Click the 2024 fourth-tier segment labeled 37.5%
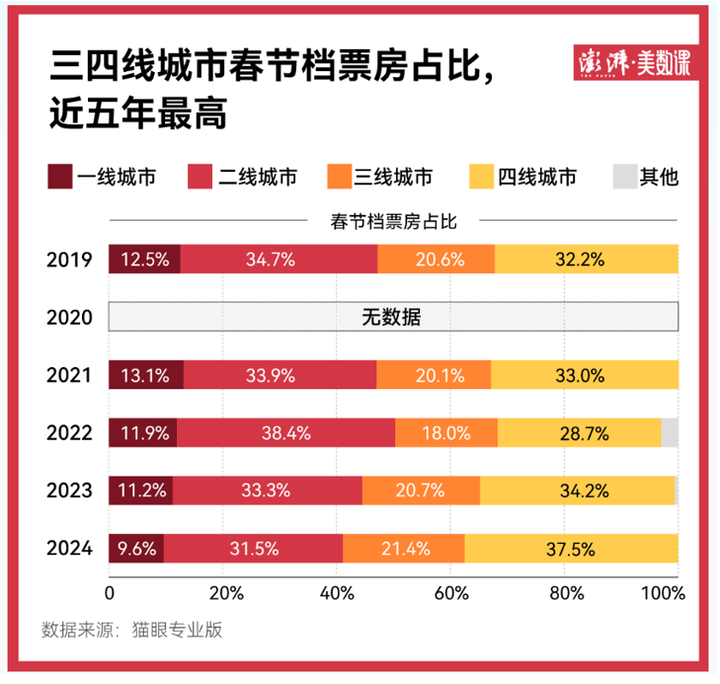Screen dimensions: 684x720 [x=571, y=548]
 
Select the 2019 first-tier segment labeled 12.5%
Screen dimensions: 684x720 [x=144, y=260]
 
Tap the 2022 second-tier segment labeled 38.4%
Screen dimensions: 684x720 [x=286, y=432]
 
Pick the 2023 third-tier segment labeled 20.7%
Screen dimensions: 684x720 [x=421, y=491]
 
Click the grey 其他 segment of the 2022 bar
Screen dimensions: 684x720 [x=670, y=432]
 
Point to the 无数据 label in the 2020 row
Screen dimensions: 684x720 [x=393, y=317]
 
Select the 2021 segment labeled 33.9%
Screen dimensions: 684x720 [x=280, y=375]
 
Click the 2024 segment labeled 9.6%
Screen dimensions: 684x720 [x=136, y=548]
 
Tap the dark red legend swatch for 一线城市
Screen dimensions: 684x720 [x=59, y=178]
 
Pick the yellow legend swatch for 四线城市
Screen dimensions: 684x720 [x=479, y=178]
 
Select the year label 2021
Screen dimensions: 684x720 [x=69, y=375]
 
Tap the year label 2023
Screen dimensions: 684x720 [x=69, y=491]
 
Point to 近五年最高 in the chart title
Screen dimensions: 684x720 [x=138, y=114]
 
